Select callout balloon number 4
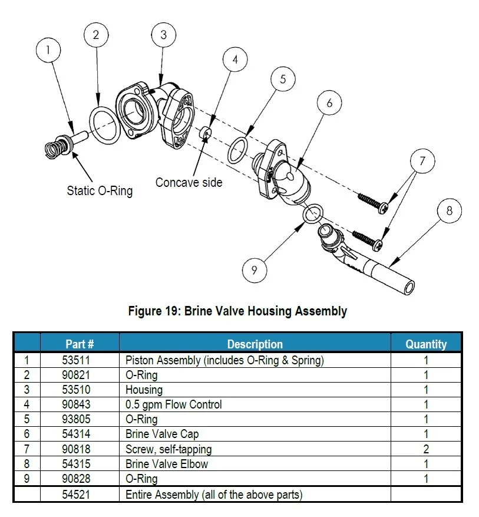[235, 60]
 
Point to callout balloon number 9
[254, 270]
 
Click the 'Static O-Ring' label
[100, 190]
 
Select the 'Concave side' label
[189, 183]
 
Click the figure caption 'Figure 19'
[237, 311]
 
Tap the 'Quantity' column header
[426, 344]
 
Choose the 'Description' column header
[255, 344]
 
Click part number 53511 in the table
[80, 360]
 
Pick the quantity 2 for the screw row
[426, 449]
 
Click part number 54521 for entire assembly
[80, 494]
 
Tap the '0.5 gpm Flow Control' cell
[174, 404]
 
